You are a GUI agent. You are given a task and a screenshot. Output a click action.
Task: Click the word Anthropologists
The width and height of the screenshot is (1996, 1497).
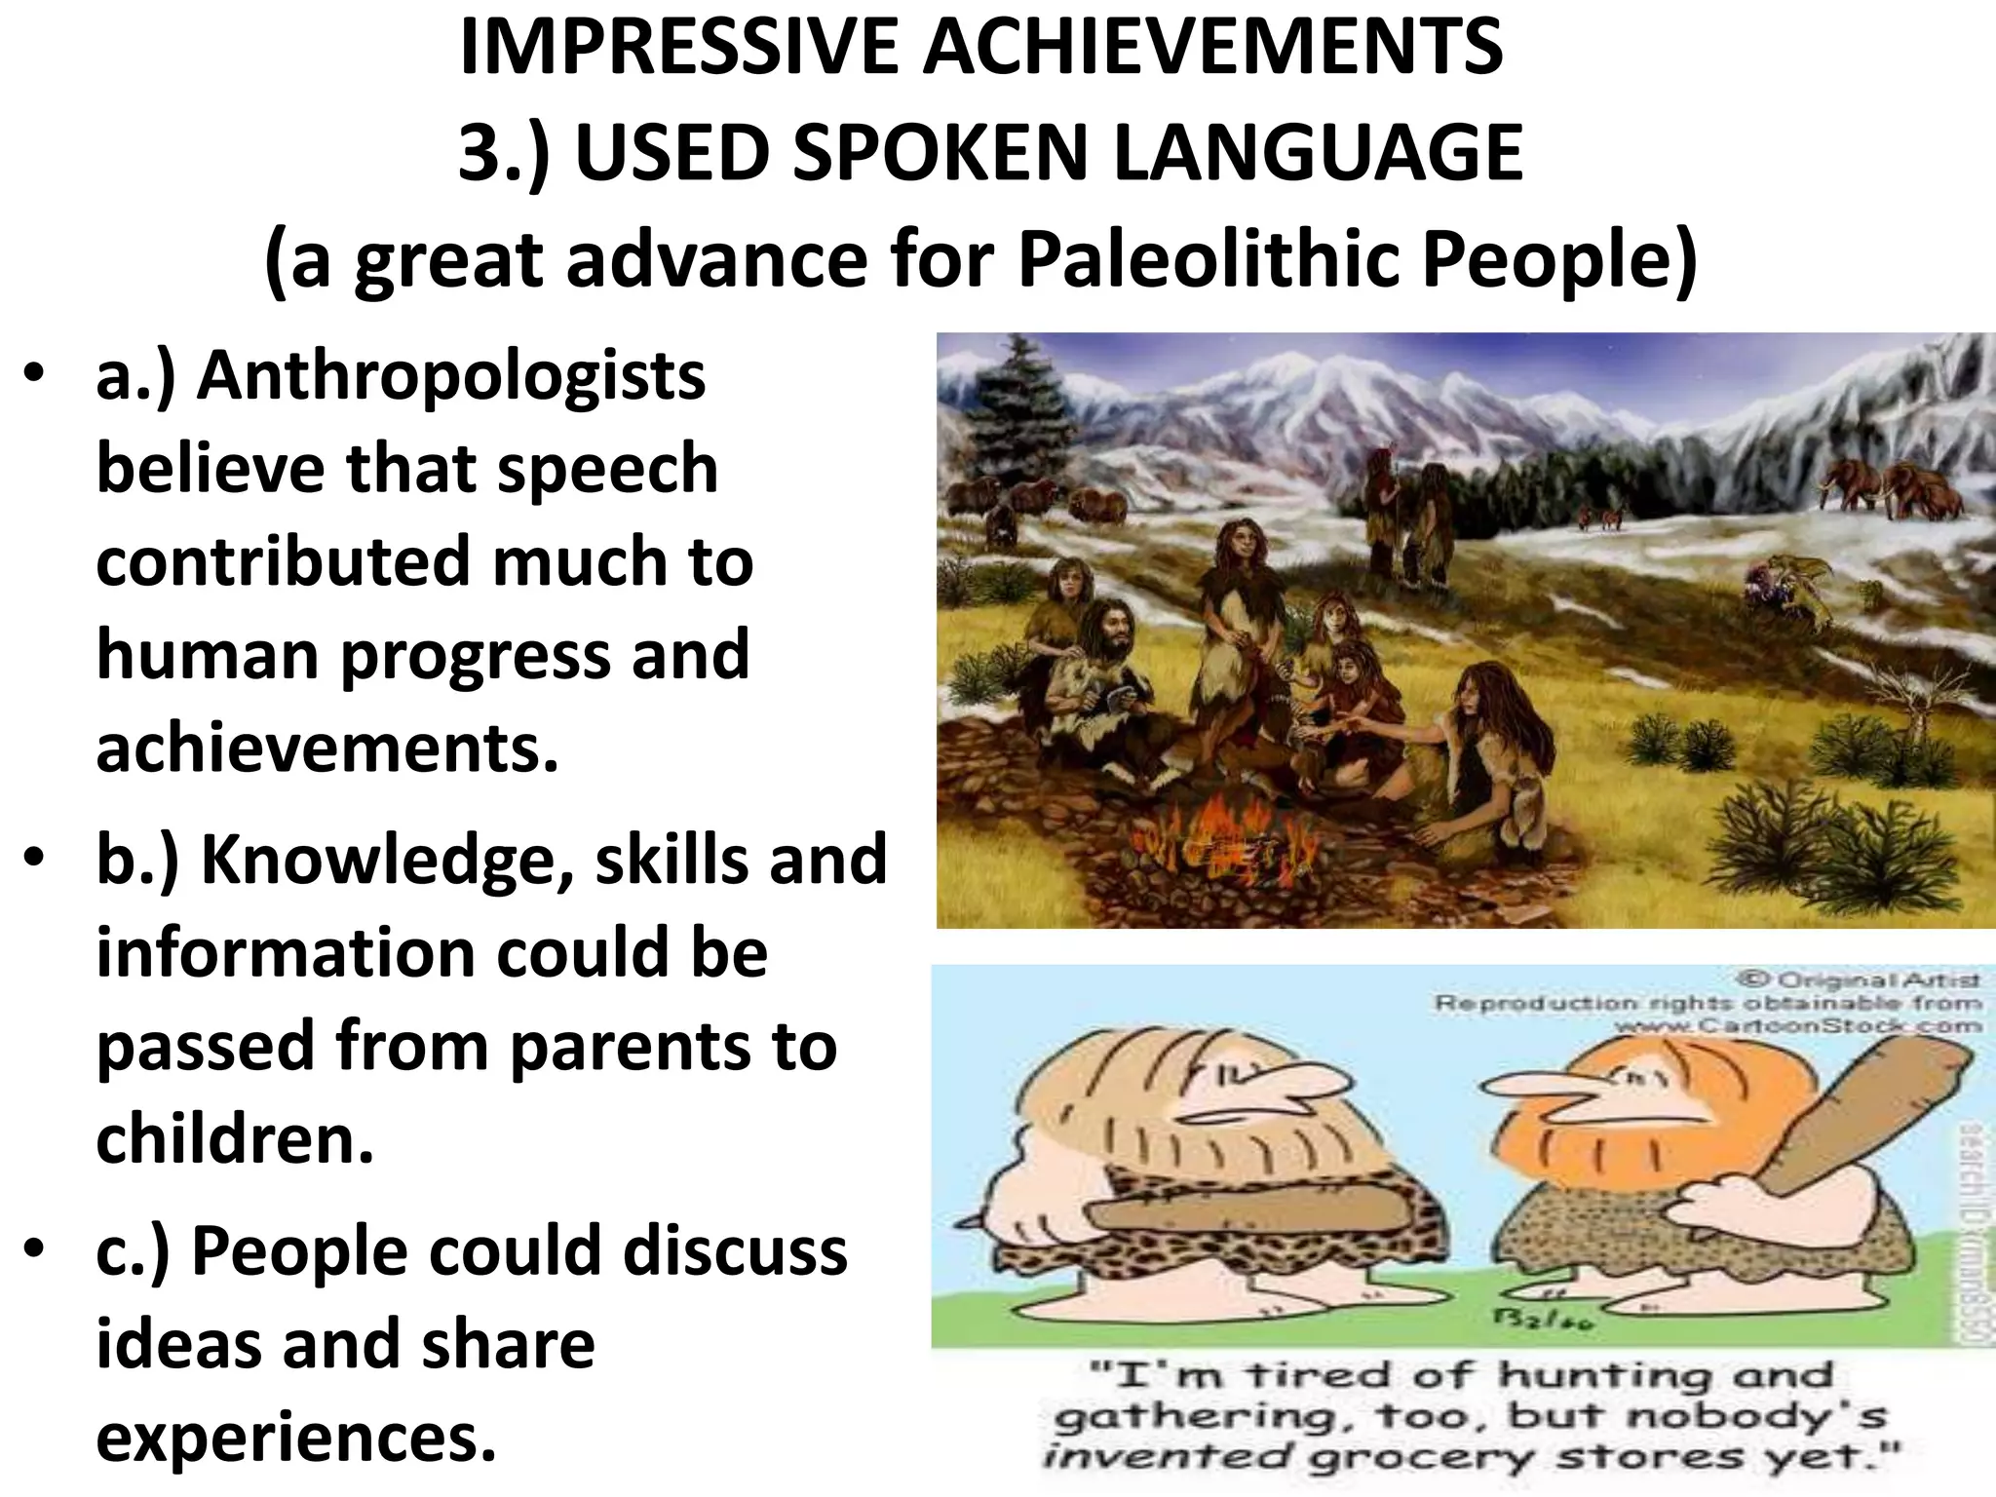[x=450, y=376]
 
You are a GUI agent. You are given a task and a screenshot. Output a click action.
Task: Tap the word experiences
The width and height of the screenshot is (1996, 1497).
[x=296, y=1437]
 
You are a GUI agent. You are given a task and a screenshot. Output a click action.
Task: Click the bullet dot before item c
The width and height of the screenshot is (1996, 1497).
[x=36, y=1249]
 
